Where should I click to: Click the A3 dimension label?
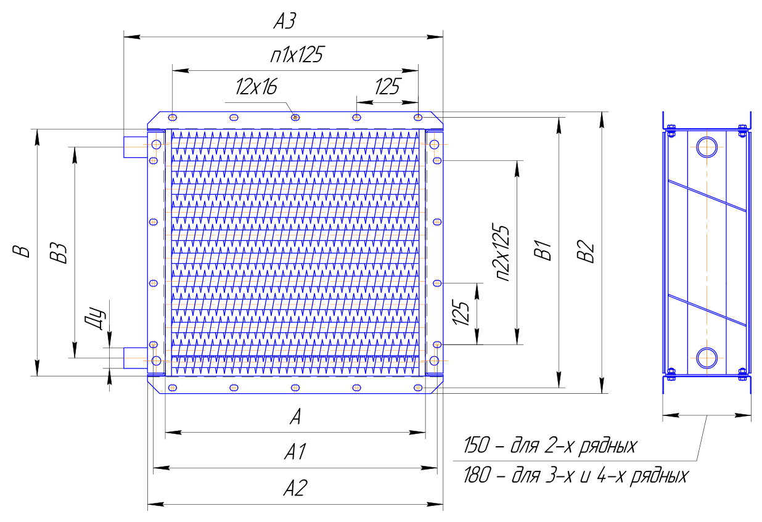(285, 21)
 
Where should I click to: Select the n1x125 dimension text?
(297, 55)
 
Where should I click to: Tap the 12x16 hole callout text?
(256, 87)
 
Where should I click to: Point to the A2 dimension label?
(295, 488)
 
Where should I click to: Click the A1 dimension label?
(295, 452)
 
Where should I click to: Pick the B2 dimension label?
(586, 251)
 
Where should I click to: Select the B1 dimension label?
(543, 250)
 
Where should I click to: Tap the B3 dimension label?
(58, 253)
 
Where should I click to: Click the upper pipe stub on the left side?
(136, 147)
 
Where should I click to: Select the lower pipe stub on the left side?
(136, 357)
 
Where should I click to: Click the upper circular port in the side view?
(707, 147)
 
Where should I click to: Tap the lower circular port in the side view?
(707, 358)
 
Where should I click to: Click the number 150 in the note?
(477, 445)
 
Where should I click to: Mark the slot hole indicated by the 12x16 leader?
(295, 117)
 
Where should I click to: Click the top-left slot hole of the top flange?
(173, 117)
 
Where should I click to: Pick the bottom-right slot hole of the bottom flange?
(418, 388)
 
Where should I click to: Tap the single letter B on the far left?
(21, 251)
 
